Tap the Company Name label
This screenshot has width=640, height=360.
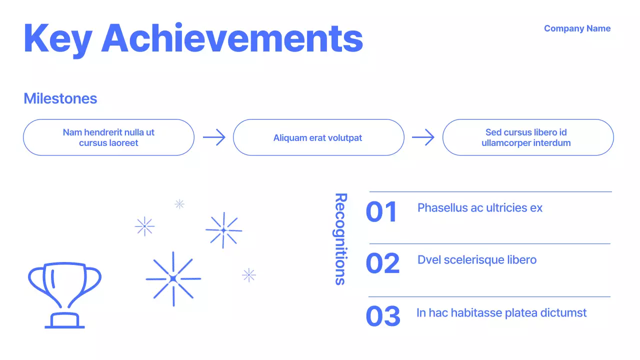click(x=577, y=28)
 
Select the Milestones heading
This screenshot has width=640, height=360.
click(x=60, y=98)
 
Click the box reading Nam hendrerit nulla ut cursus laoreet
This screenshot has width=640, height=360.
click(x=108, y=137)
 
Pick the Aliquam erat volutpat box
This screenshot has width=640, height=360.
click(x=318, y=137)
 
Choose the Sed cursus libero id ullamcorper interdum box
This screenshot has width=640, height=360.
click(x=527, y=137)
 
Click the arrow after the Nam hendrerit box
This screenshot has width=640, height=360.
click(x=214, y=137)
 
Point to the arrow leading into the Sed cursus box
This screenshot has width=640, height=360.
click(x=423, y=137)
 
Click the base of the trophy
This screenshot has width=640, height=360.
click(x=64, y=321)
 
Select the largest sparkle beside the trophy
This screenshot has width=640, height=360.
click(x=173, y=278)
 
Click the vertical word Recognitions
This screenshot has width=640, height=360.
click(x=340, y=239)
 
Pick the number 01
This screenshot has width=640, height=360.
click(x=381, y=212)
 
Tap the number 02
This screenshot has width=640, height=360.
click(x=382, y=264)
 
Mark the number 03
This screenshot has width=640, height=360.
click(x=383, y=316)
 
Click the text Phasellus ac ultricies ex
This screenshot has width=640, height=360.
click(x=479, y=207)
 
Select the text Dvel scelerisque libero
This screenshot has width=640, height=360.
click(x=476, y=260)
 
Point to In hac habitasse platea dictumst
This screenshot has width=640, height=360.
click(x=501, y=313)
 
